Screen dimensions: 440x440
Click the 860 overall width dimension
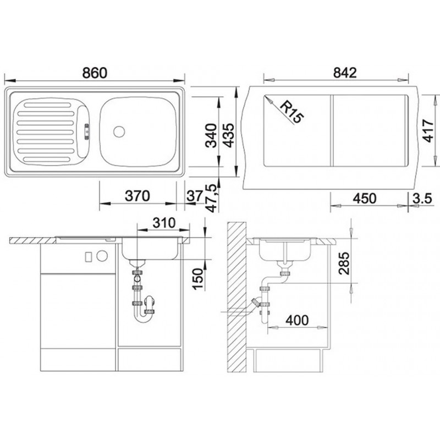[95, 73]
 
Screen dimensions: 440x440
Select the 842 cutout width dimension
[345, 73]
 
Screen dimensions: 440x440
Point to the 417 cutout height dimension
[428, 130]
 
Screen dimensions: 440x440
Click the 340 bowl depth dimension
[211, 135]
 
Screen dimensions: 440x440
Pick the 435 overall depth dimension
[228, 135]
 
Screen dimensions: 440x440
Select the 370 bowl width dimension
[137, 196]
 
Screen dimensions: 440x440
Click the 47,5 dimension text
[211, 198]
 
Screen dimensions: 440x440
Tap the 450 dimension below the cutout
[365, 199]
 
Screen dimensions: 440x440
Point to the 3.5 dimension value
[422, 199]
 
